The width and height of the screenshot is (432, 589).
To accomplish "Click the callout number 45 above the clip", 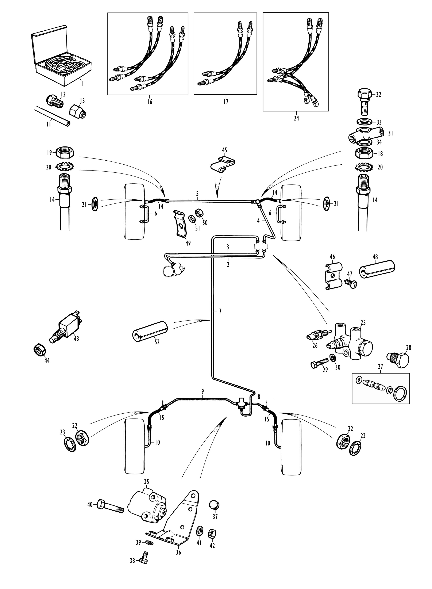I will click(x=224, y=150).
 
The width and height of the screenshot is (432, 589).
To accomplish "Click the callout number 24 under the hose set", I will click(x=296, y=118).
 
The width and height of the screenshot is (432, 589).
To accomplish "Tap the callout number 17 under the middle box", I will click(x=226, y=102).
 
